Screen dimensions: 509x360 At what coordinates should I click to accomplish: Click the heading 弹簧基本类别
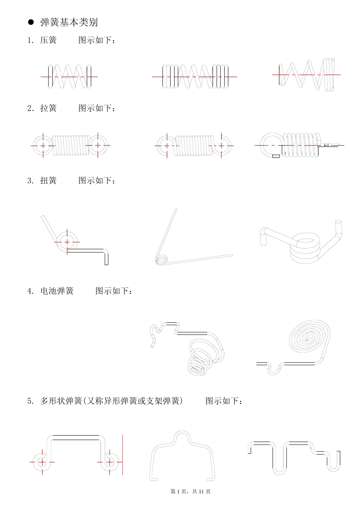point(69,22)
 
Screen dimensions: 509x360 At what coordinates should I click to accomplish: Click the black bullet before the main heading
point(31,22)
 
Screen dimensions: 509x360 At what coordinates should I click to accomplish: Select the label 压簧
point(49,40)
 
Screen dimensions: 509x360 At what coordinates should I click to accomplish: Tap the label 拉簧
point(49,108)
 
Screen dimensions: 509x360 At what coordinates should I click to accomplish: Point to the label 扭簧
point(49,181)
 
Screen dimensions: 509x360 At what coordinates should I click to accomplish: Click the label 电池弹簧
point(57,291)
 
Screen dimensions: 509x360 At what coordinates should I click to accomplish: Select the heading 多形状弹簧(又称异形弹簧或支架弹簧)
point(111,401)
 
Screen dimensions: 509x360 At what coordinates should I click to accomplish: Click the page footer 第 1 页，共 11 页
point(191,492)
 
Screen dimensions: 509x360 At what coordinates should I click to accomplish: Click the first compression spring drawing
point(70,77)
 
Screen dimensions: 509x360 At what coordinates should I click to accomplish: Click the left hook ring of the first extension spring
point(43,145)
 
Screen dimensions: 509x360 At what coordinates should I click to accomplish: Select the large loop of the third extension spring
point(271,144)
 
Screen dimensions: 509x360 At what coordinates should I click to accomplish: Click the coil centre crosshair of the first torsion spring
point(67,242)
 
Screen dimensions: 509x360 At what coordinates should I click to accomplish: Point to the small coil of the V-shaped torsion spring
point(161,259)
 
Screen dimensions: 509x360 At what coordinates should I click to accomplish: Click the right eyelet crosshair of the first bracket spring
point(110,462)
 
